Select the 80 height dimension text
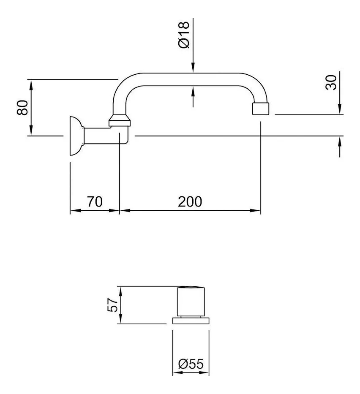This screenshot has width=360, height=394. (x=22, y=107)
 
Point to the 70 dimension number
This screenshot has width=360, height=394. (x=95, y=201)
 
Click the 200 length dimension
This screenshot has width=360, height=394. (x=190, y=201)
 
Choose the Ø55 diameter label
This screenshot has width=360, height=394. (x=191, y=364)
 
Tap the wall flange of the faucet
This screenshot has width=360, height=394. (x=75, y=136)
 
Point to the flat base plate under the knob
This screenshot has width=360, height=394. (x=191, y=321)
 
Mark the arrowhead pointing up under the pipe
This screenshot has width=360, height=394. (x=193, y=90)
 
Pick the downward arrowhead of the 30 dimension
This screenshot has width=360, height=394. (x=340, y=111)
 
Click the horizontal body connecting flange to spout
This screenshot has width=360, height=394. (x=101, y=135)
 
